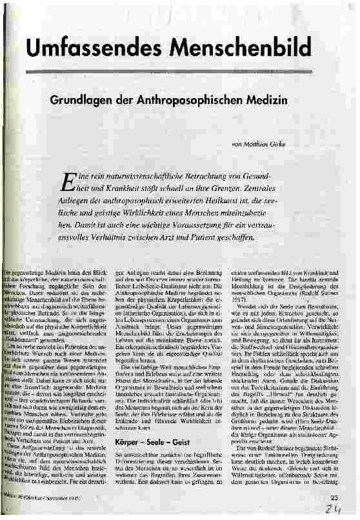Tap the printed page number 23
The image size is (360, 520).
334,497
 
